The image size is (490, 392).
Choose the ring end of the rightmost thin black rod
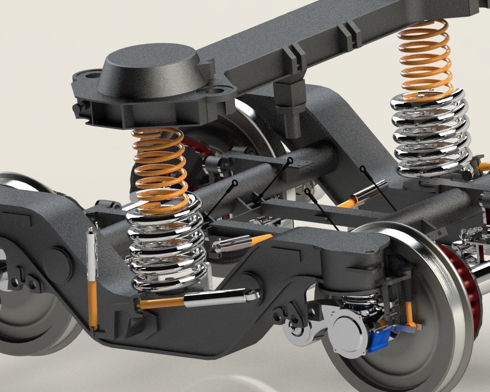[x=362, y=168]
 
